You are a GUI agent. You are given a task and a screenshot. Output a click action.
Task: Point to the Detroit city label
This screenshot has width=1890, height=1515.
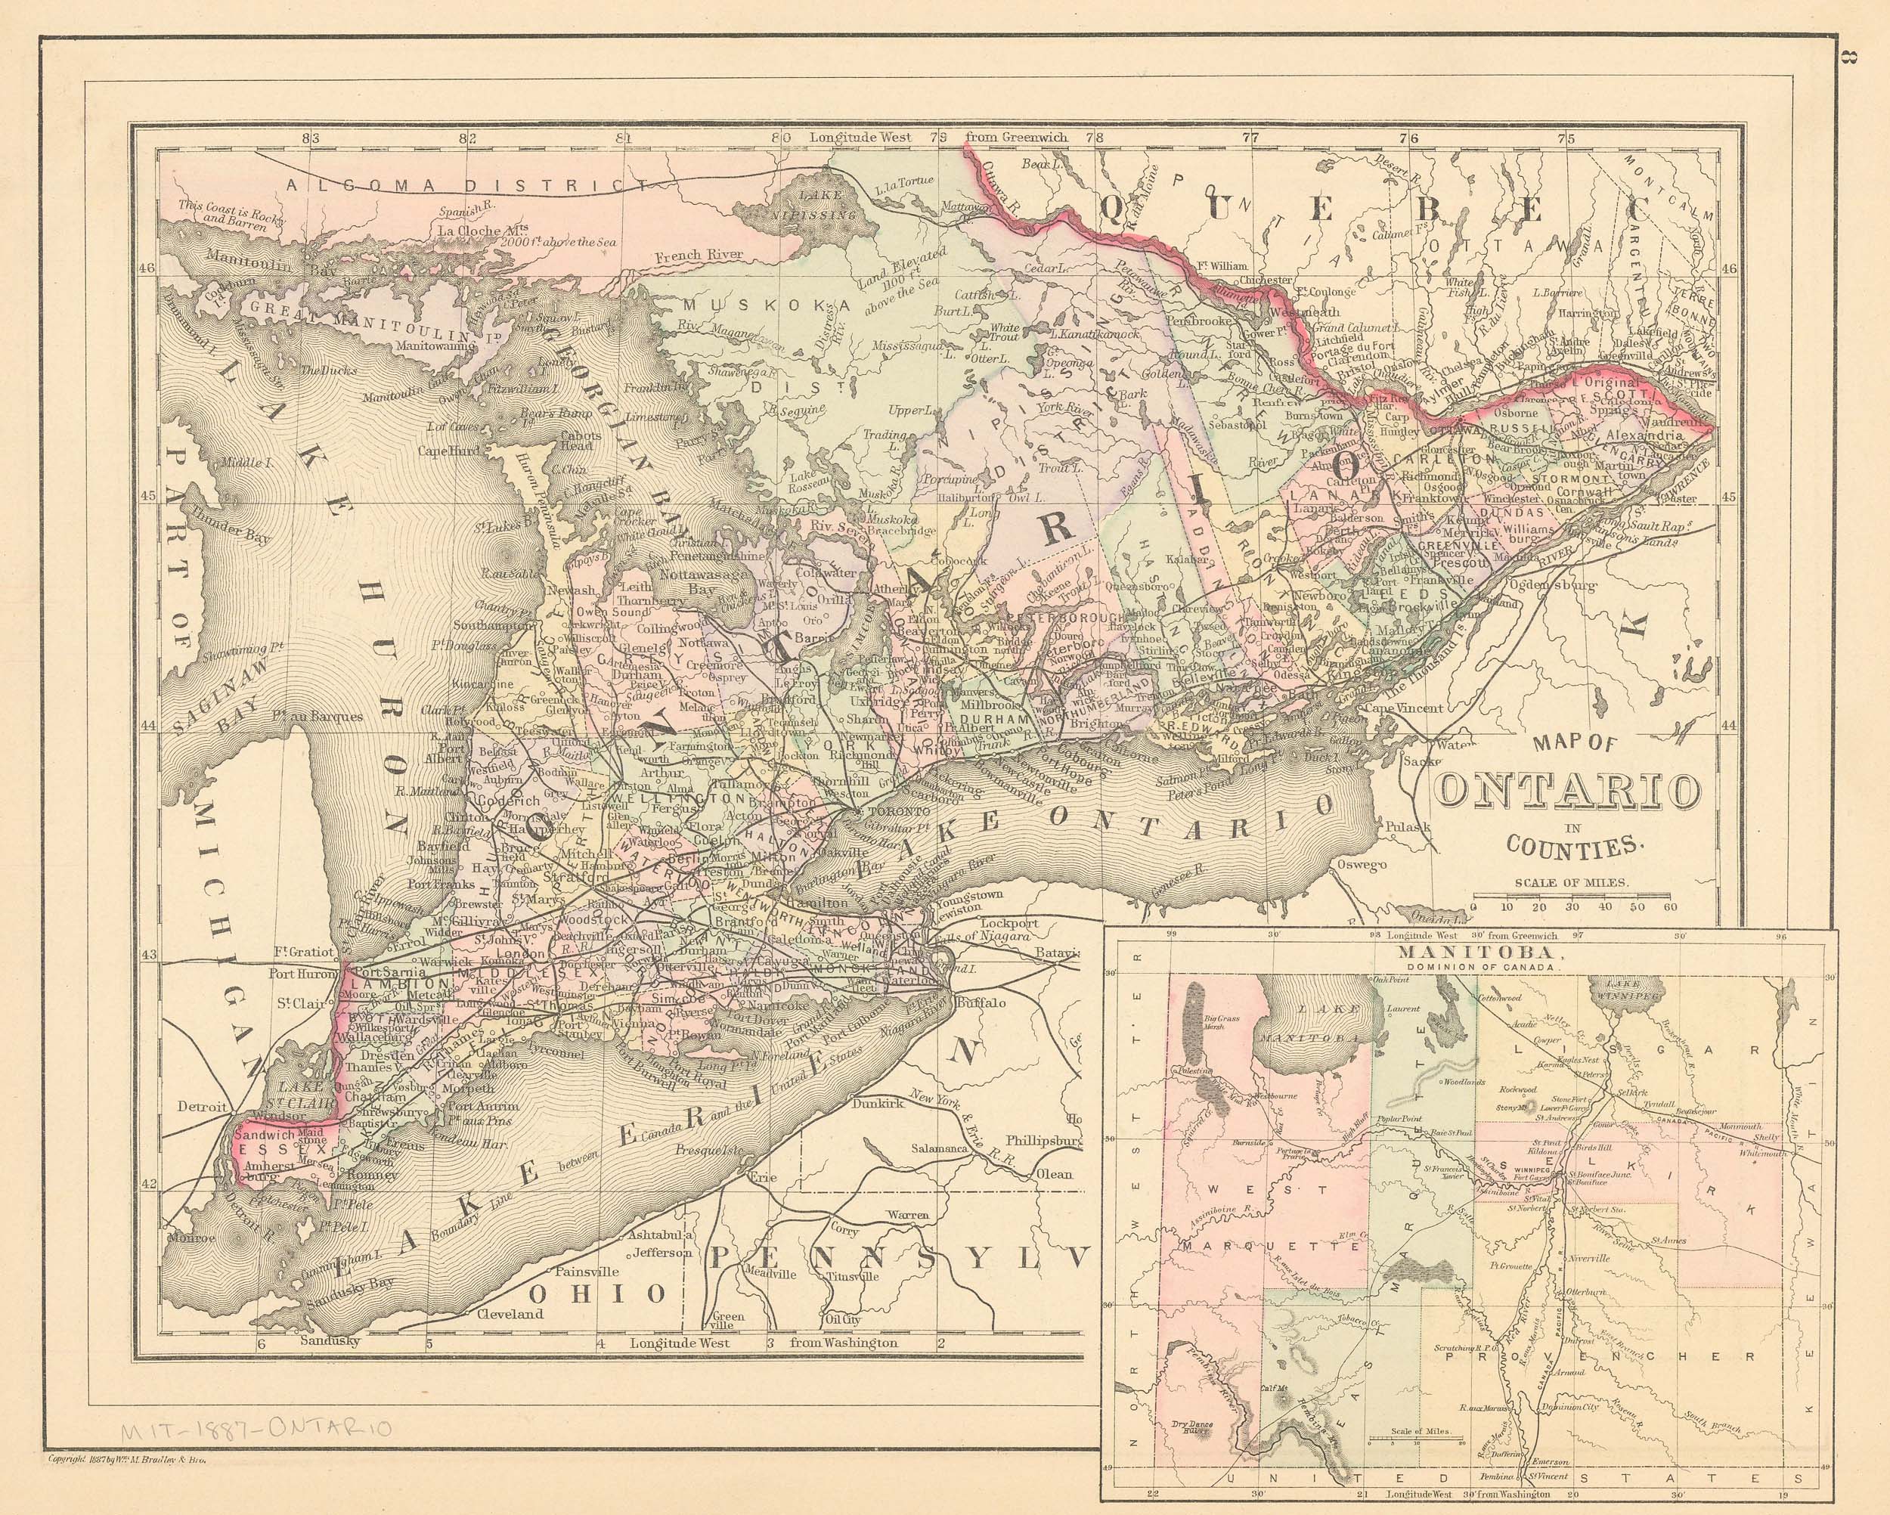point(203,1108)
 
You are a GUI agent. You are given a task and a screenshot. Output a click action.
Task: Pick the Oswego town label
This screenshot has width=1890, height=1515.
point(1362,866)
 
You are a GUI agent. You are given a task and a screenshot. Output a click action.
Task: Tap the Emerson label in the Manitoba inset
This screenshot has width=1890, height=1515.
point(1549,1461)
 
